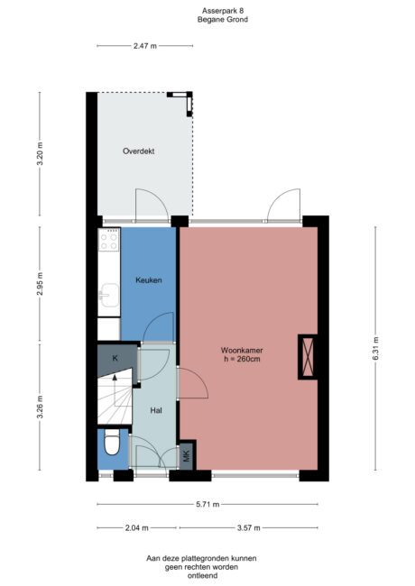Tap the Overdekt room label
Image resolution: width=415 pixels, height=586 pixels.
click(138, 151)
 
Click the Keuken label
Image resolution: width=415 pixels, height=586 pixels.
click(149, 280)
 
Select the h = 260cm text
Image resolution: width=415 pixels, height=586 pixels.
click(242, 360)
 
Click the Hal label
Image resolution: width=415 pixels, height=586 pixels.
click(156, 410)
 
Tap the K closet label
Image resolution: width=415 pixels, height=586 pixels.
click(115, 359)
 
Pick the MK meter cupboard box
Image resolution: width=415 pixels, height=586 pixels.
click(187, 456)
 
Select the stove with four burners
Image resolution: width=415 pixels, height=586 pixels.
click(109, 239)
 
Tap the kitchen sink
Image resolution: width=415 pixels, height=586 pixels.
click(109, 294)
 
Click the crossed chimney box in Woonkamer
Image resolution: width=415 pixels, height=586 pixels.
click(309, 355)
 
